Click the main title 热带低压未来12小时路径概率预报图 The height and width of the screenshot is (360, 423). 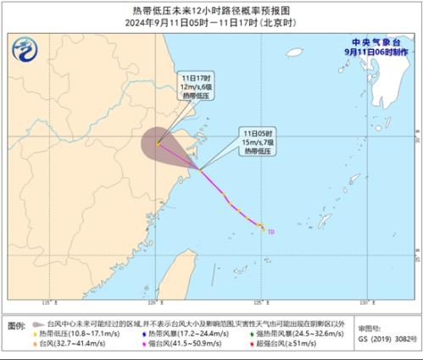pyautogui.click(x=211, y=8)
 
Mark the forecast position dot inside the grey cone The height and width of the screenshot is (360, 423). pyautogui.click(x=159, y=143)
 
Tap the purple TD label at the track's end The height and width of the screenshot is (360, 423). pyautogui.click(x=270, y=230)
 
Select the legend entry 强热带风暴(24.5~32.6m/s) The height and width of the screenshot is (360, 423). pyautogui.click(x=289, y=334)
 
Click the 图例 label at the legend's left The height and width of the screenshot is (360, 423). pyautogui.click(x=16, y=325)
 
